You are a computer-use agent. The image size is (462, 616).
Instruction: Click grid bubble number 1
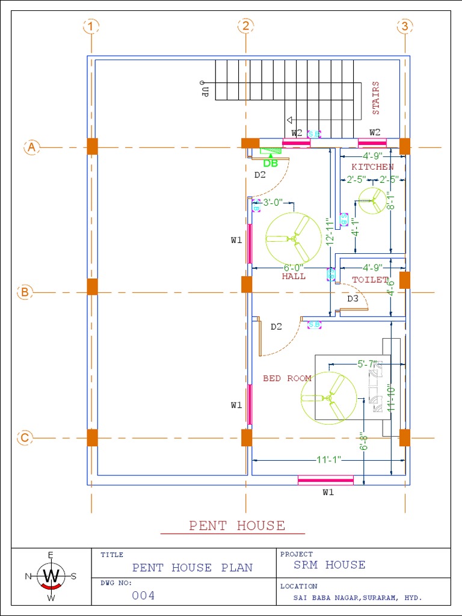(91, 26)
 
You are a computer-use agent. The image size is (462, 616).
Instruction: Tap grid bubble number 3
(405, 26)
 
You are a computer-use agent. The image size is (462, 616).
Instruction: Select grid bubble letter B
(25, 292)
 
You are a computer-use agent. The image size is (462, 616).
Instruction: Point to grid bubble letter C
(25, 438)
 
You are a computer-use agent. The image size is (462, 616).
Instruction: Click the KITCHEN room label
(373, 167)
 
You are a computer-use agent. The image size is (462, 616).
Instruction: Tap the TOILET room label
(371, 280)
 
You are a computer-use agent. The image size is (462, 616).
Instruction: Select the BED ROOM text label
(287, 378)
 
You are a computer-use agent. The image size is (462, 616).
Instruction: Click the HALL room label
(294, 277)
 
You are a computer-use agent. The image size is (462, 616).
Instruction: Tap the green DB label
(271, 164)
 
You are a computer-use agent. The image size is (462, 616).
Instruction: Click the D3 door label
(353, 298)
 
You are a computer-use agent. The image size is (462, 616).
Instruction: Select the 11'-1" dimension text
(328, 460)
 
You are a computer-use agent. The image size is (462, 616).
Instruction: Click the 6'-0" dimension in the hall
(294, 267)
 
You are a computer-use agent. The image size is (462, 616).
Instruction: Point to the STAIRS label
(376, 98)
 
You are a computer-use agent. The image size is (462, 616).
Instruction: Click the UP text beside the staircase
(205, 91)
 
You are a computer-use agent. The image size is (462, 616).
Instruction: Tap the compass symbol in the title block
(51, 576)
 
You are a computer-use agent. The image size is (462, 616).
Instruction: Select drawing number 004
(143, 596)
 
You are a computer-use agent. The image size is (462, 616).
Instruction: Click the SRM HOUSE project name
(329, 565)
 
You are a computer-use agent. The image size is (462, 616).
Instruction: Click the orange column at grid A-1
(92, 146)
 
